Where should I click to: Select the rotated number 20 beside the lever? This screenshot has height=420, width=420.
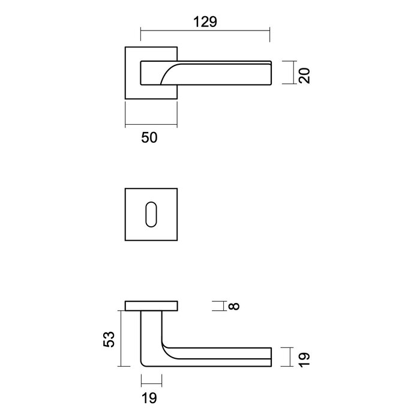coord(304,75)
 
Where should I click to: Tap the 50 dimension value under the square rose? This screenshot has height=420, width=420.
coord(149,137)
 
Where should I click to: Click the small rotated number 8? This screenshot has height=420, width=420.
coord(235,307)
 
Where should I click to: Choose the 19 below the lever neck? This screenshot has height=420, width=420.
coord(149,397)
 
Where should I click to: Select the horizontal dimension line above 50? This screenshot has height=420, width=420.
coord(151,126)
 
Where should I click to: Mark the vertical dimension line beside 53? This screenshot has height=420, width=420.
coord(121,339)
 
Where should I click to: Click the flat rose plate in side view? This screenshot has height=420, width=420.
coord(151,306)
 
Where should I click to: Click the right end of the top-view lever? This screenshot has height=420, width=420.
coord(273,73)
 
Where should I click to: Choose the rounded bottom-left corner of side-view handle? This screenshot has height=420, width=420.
coord(145,362)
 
